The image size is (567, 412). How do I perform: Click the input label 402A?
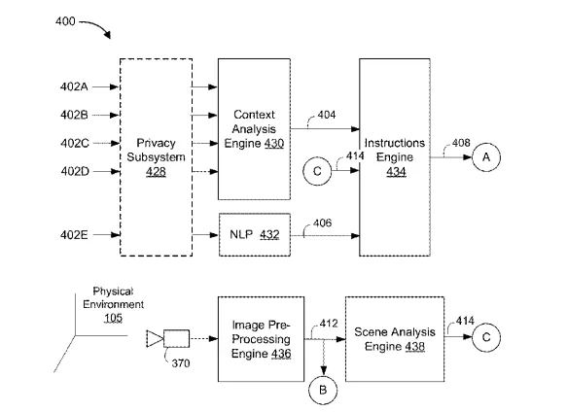[74, 86]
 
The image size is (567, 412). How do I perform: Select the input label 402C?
[75, 144]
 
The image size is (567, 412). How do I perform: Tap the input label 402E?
[74, 235]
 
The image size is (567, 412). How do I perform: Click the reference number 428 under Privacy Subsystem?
[156, 171]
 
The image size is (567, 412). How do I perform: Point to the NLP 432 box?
[255, 235]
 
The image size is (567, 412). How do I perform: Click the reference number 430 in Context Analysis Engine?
[273, 144]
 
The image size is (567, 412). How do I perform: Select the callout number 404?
[327, 115]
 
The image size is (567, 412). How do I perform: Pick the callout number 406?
[322, 223]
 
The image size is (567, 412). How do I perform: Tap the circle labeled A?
[486, 157]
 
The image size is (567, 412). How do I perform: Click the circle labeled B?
[323, 390]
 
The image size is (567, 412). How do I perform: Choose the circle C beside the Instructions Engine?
[317, 171]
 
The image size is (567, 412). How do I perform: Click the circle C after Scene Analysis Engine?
[486, 337]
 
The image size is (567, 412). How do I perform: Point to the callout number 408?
[461, 143]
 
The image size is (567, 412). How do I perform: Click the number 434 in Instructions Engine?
[397, 172]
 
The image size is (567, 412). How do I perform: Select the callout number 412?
[329, 324]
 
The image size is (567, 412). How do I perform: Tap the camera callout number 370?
[181, 362]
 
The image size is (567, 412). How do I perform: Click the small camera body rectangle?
[176, 338]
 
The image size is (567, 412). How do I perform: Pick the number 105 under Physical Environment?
[113, 318]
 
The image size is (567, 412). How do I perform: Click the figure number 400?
[65, 21]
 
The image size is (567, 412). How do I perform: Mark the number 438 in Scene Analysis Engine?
[414, 347]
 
